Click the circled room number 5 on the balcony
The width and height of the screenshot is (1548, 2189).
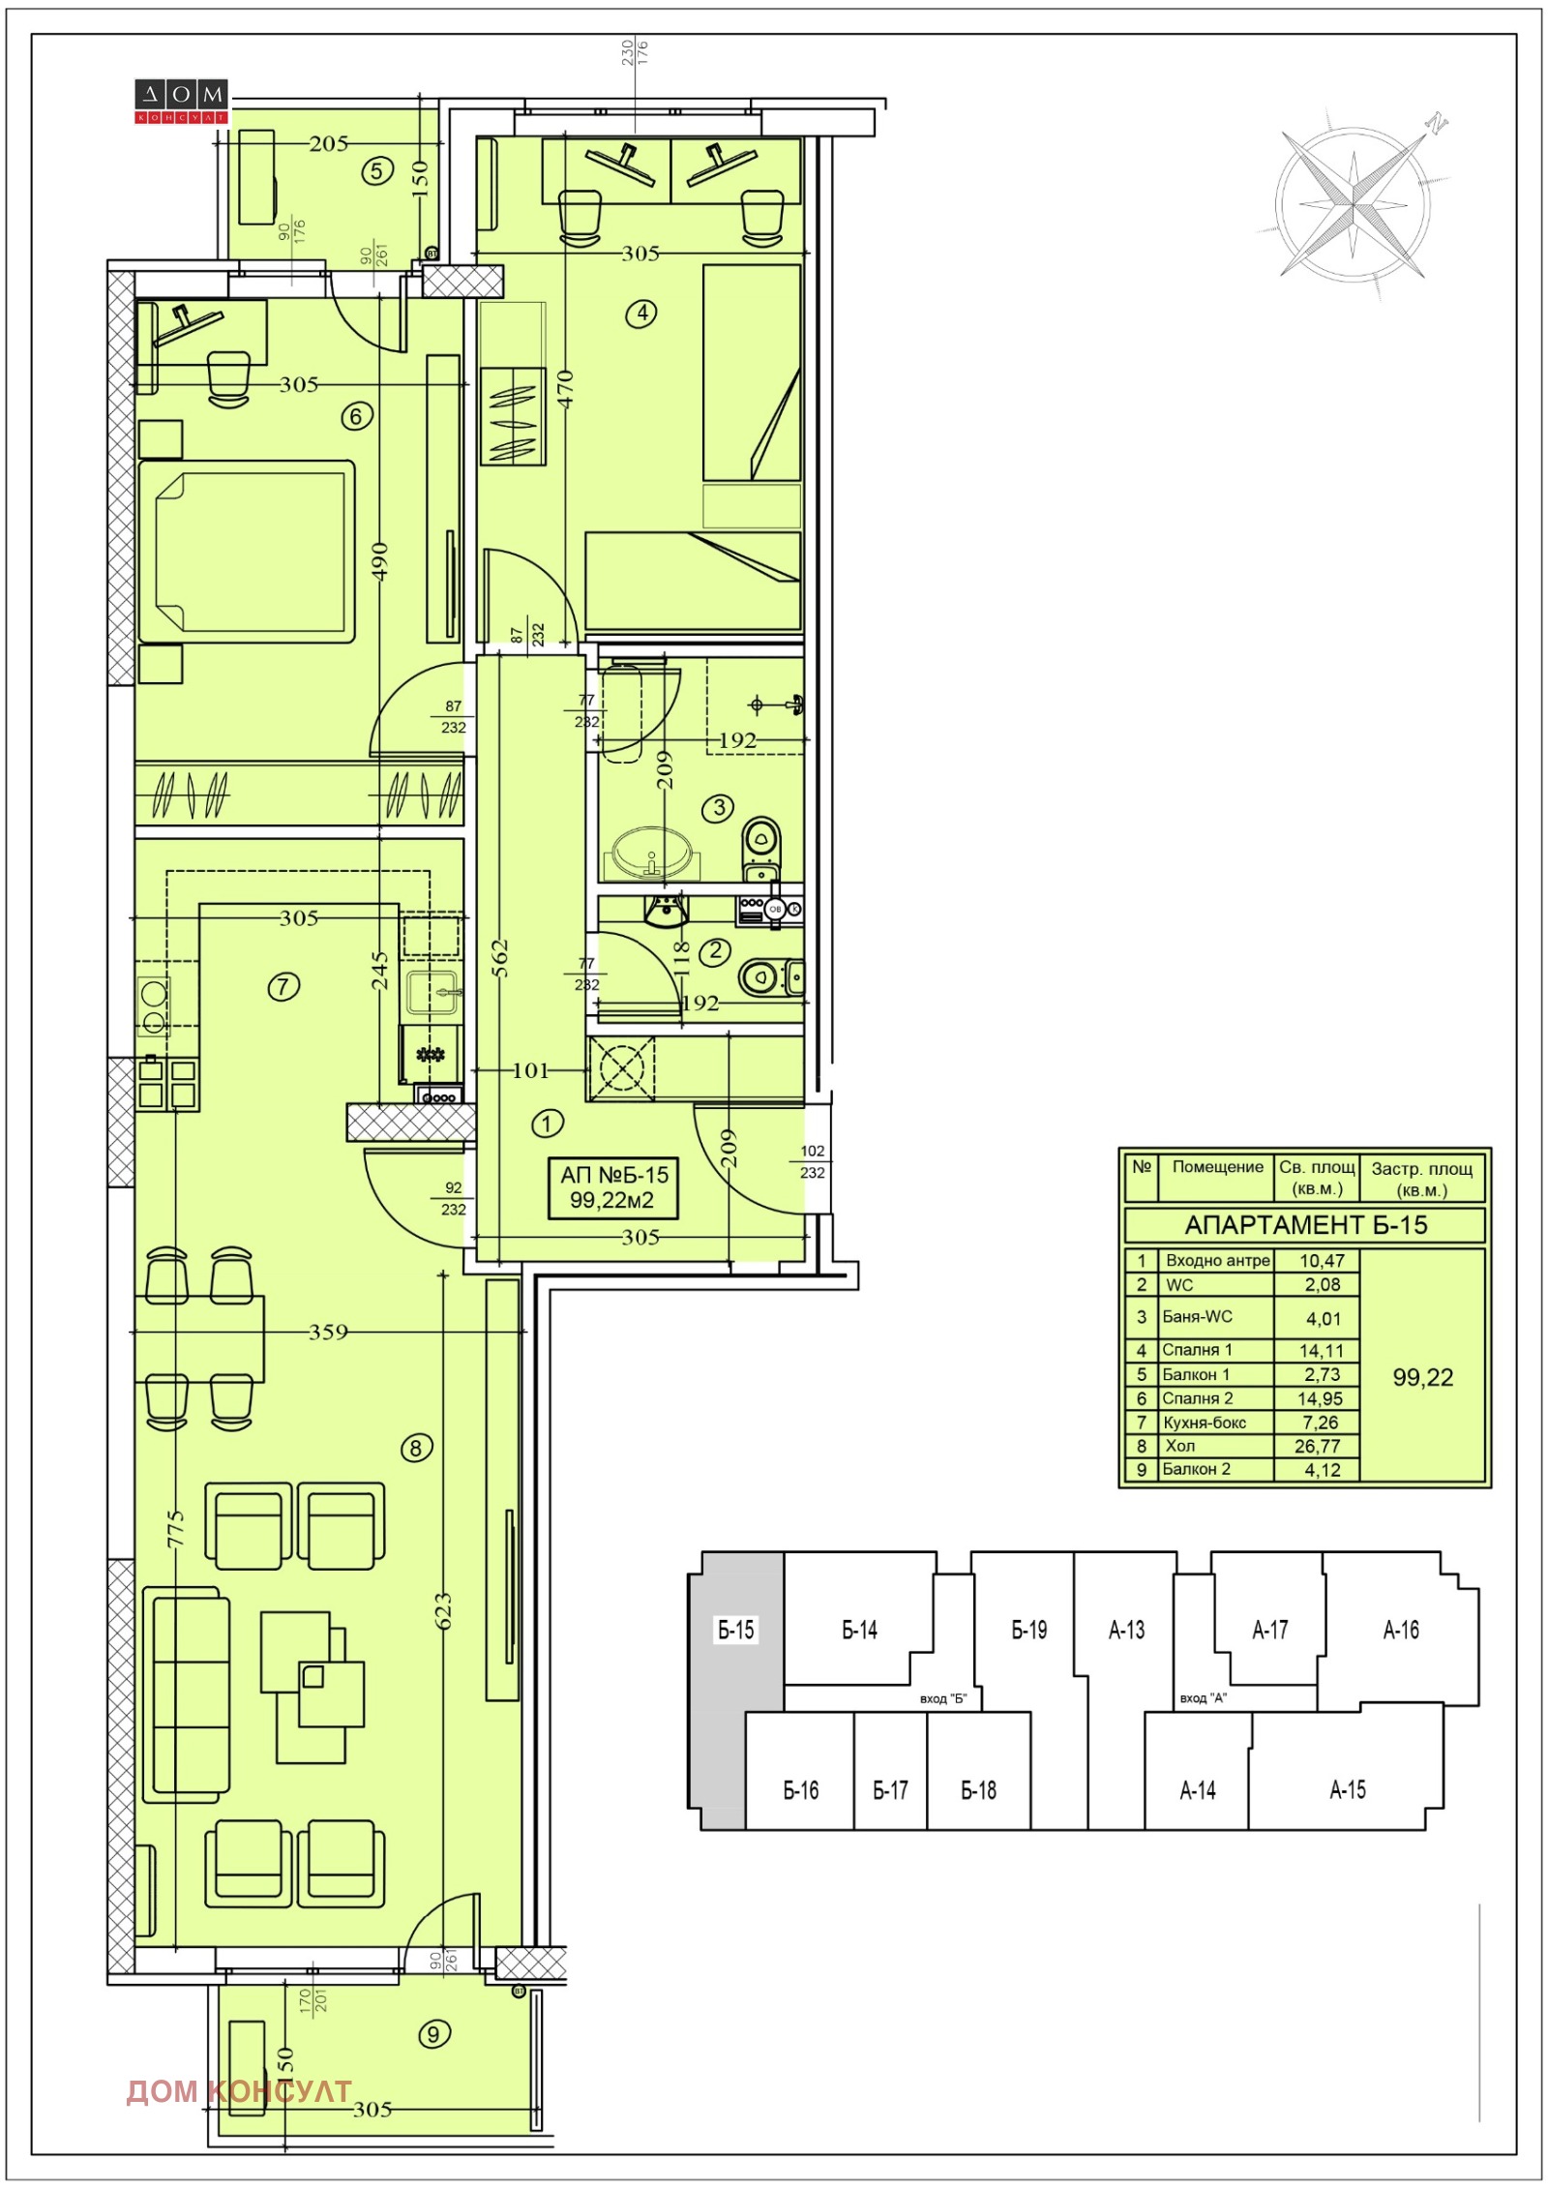[x=377, y=171]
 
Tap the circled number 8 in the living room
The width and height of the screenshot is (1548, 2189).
[x=416, y=1448]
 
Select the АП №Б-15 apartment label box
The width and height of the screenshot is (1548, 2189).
[x=613, y=1187]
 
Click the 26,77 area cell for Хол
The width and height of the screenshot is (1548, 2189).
[x=1318, y=1446]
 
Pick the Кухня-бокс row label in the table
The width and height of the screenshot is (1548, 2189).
[x=1205, y=1423]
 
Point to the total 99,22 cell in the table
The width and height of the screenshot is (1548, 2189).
[x=1422, y=1377]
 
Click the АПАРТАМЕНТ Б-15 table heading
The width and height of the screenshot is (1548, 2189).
[x=1305, y=1225]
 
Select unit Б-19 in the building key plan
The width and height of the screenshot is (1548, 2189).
[x=1028, y=1630]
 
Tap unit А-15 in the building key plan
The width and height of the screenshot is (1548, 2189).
[x=1347, y=1789]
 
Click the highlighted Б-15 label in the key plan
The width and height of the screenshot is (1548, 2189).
[x=735, y=1630]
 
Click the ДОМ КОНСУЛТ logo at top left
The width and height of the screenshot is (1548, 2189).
[x=181, y=102]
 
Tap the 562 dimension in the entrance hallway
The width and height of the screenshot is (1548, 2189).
[x=500, y=958]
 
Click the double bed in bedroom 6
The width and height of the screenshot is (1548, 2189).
[x=246, y=552]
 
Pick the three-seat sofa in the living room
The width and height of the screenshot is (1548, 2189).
[x=187, y=1694]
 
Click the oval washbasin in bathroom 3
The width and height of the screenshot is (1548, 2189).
[x=651, y=854]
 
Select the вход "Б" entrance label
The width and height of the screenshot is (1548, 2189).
[x=942, y=1698]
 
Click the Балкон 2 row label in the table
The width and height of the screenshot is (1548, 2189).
[x=1196, y=1469]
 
